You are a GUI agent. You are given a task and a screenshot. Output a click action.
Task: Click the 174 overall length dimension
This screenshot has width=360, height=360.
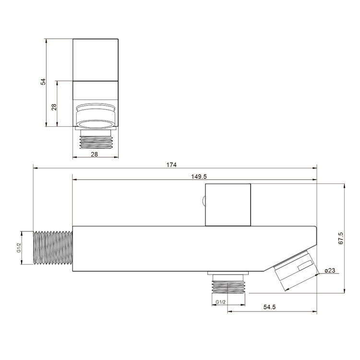point(171,165)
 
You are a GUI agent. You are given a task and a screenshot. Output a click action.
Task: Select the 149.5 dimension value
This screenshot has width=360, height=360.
point(199,176)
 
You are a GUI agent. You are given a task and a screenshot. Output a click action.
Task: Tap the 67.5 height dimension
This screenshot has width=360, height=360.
point(341,238)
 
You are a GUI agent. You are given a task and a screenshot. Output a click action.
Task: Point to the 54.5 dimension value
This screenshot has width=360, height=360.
point(269,307)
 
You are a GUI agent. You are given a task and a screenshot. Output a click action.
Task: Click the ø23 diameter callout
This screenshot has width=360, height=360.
point(330,270)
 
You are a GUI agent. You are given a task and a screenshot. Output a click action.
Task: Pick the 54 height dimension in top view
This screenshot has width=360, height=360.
point(43,82)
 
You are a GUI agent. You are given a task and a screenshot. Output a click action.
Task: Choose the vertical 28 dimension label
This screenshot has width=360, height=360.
point(54,107)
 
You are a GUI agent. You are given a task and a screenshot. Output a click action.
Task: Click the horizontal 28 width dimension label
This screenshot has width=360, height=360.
point(94,154)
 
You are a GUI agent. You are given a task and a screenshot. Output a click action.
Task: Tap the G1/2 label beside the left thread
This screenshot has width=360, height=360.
point(19,248)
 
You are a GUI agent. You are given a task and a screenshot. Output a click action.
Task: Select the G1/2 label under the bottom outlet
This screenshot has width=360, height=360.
point(220,302)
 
